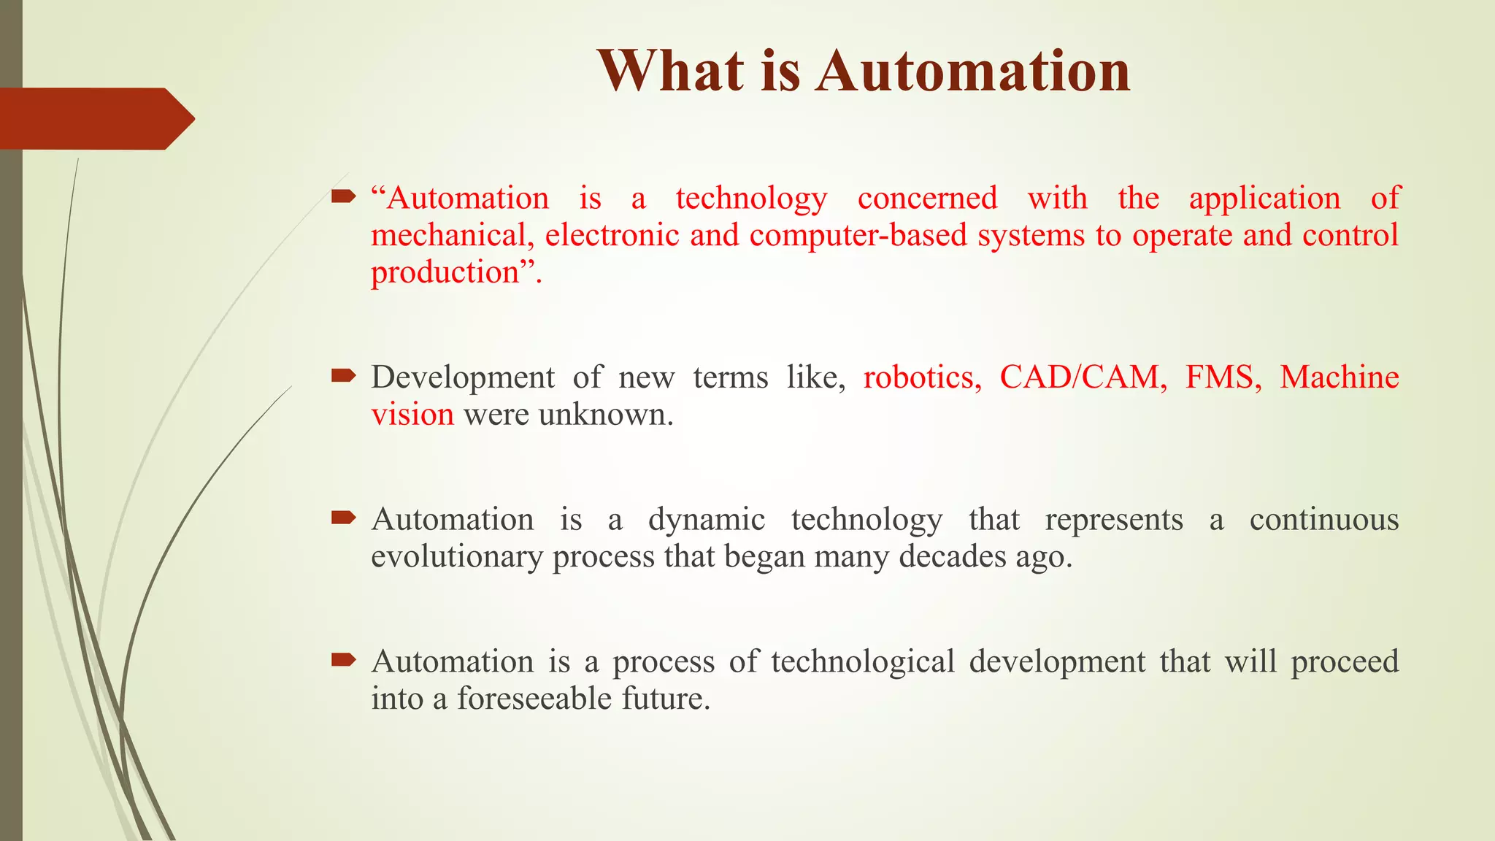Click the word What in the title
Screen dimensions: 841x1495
(x=672, y=71)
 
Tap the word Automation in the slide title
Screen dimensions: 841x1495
(x=973, y=71)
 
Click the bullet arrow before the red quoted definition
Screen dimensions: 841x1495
(x=343, y=196)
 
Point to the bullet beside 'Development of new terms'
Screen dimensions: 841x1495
(x=343, y=376)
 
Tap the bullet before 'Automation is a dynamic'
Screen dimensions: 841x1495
(x=343, y=518)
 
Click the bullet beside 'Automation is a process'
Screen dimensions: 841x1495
(x=343, y=661)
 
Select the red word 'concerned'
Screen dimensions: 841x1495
(x=927, y=199)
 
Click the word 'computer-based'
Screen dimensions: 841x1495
(x=858, y=236)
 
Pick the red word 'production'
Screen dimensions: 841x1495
(x=445, y=273)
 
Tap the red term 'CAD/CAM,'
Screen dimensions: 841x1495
(x=1083, y=377)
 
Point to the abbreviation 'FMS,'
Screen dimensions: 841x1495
(x=1223, y=377)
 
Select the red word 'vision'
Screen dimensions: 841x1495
(x=412, y=415)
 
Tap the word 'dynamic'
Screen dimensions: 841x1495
(x=707, y=521)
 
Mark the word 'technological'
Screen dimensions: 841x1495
(x=863, y=662)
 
